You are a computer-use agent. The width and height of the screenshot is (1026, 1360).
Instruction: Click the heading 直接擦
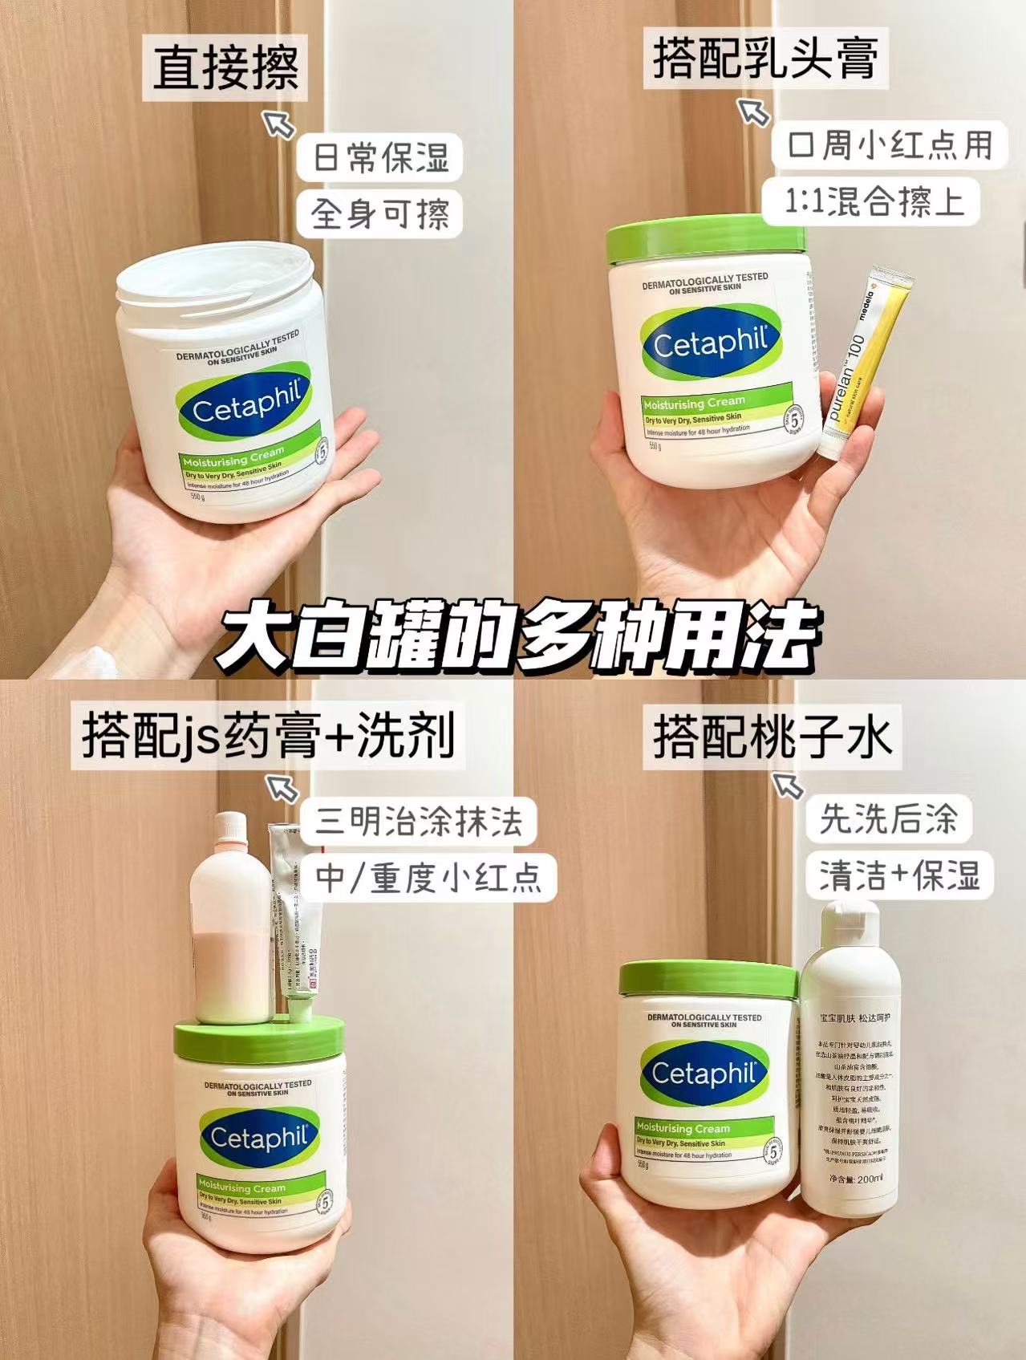(x=226, y=67)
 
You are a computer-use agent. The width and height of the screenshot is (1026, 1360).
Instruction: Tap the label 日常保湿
(x=380, y=158)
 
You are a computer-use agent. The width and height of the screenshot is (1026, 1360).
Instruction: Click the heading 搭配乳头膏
(x=765, y=58)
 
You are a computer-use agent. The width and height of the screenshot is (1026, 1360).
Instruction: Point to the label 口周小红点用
(x=890, y=145)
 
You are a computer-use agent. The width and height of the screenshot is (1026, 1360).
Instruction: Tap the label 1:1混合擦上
(x=873, y=201)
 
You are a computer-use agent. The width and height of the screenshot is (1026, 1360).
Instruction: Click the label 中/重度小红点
(x=428, y=876)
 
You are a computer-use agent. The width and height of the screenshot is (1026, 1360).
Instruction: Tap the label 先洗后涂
(x=888, y=818)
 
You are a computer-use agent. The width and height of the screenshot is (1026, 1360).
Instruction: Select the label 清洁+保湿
(x=899, y=875)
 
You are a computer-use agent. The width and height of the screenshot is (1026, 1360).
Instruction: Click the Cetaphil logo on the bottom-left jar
(x=258, y=1138)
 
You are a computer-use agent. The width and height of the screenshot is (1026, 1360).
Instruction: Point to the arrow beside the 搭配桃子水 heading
(x=787, y=785)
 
